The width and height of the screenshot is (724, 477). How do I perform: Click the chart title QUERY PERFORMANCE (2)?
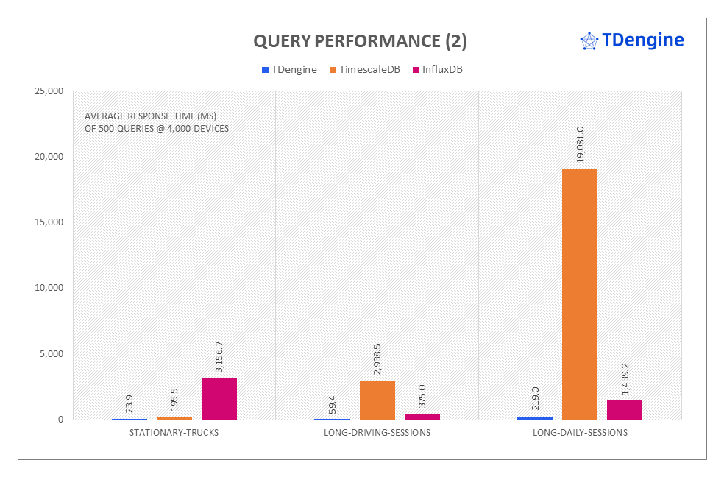(360, 41)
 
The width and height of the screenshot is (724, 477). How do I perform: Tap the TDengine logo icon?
(589, 41)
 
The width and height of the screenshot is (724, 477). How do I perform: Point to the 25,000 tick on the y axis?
(49, 91)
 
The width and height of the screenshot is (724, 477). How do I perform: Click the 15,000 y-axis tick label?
(49, 222)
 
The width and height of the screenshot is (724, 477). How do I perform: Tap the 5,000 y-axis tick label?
(52, 353)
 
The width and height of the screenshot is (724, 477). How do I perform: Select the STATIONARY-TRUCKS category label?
(174, 433)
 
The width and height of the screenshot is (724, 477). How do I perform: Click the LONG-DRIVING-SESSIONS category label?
(377, 433)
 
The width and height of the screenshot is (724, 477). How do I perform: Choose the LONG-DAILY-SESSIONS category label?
(580, 433)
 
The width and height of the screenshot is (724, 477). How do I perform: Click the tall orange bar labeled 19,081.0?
(580, 294)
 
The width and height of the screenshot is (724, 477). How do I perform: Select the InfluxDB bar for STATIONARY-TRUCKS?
(219, 399)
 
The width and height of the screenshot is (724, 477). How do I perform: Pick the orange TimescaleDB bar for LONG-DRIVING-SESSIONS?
(377, 400)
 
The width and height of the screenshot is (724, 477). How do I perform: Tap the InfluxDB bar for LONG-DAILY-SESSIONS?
(625, 410)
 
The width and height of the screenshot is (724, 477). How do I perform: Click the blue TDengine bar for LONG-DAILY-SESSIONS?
(535, 417)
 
